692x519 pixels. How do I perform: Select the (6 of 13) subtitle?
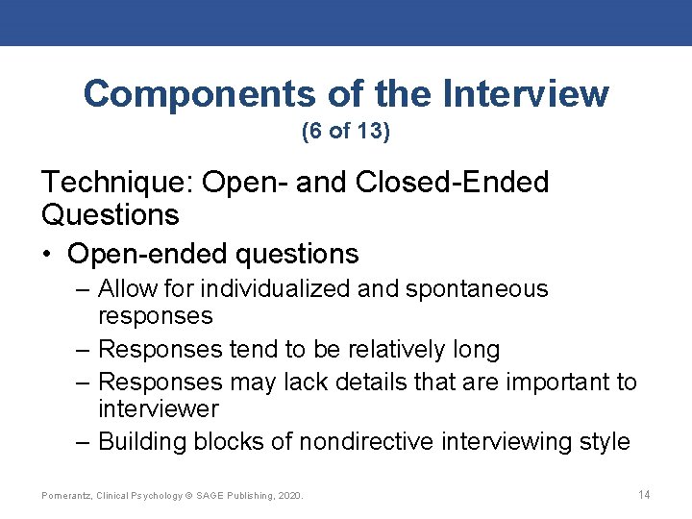(x=346, y=132)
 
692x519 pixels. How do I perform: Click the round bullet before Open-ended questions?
(x=48, y=255)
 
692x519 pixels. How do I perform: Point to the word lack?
(x=305, y=383)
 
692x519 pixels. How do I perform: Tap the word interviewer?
(x=159, y=409)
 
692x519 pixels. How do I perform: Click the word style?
(x=603, y=442)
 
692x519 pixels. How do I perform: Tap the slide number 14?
(x=644, y=494)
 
